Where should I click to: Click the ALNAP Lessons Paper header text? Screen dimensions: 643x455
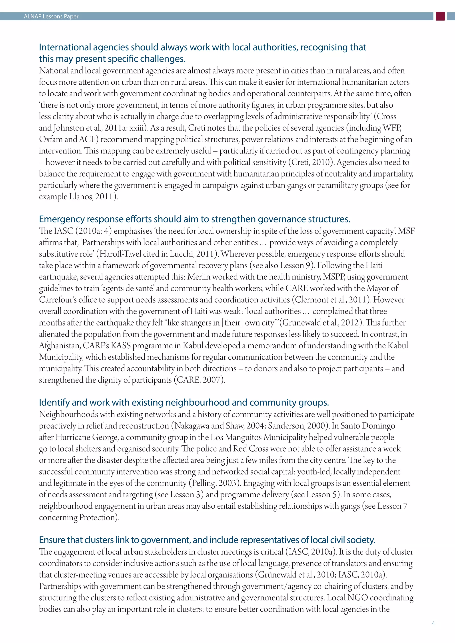pos(51,16)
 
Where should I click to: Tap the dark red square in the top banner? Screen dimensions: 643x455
pos(440,16)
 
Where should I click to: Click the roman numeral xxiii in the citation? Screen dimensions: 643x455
pos(137,128)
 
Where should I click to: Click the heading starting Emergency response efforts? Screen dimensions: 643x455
pos(194,219)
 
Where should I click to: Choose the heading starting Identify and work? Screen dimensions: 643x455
pos(184,403)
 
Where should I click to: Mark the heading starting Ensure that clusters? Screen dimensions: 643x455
pos(207,540)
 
